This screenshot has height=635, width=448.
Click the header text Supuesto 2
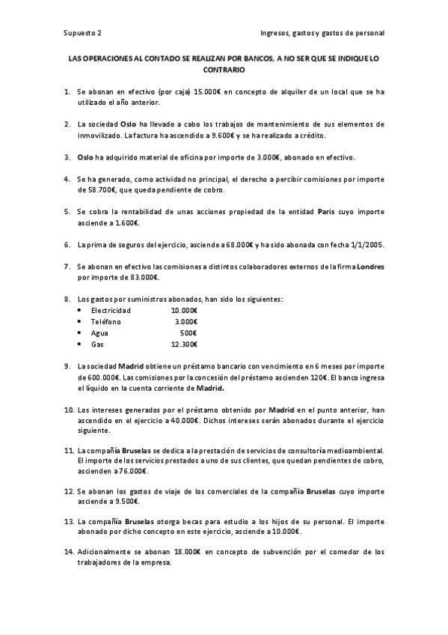(82, 33)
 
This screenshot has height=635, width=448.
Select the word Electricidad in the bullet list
(111, 310)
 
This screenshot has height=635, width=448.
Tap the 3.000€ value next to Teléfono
(185, 321)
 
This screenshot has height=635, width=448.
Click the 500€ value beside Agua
(188, 332)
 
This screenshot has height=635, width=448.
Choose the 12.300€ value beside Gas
(184, 344)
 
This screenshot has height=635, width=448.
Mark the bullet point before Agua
(80, 332)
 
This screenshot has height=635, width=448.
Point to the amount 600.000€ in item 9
(95, 377)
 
